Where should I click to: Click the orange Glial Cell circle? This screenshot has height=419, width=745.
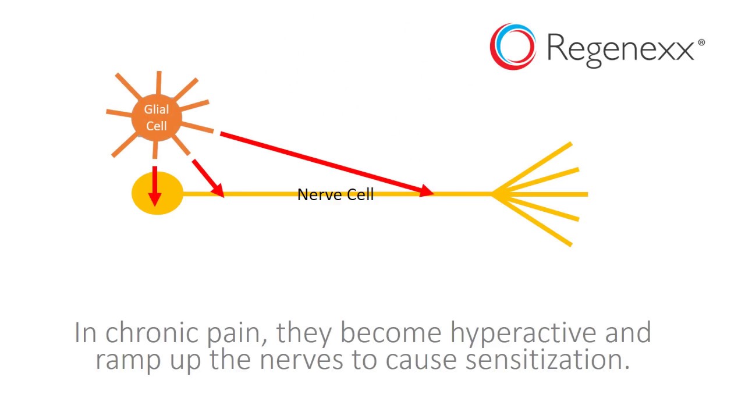coord(157,118)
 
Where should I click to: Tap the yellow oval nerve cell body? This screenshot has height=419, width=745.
coord(157,193)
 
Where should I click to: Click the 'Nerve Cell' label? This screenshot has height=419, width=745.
coord(336,195)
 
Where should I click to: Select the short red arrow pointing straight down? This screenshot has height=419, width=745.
coord(155,186)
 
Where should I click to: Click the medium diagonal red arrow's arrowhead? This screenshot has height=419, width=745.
coord(218,190)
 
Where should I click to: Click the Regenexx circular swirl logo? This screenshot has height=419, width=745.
coord(513,47)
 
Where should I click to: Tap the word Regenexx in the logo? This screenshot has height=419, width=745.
coord(620,49)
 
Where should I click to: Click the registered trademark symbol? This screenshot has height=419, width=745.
coord(701,42)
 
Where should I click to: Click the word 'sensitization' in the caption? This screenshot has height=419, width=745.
coord(548,360)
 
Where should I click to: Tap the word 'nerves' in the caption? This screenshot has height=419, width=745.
coord(301,361)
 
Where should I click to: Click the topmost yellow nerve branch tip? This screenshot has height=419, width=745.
coord(572,144)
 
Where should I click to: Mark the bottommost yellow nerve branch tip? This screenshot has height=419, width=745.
coord(571,245)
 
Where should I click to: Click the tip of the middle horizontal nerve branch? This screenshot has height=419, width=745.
coord(588,194)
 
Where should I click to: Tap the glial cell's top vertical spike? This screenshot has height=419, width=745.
coord(159,83)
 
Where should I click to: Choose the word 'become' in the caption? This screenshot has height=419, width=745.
coord(391,332)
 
